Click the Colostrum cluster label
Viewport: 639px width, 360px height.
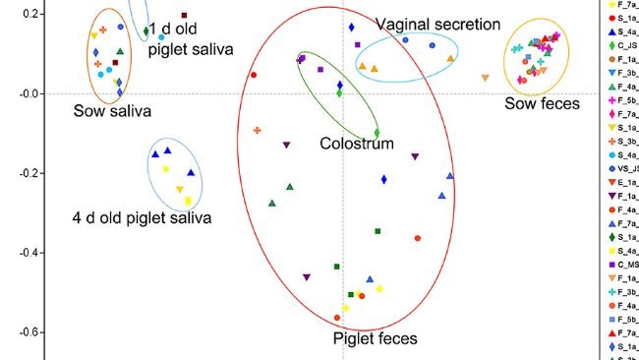pyautogui.click(x=356, y=144)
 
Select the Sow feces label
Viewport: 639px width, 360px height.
pyautogui.click(x=542, y=103)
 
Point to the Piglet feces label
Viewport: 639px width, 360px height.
pyautogui.click(x=374, y=339)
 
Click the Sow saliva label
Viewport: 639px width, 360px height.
pyautogui.click(x=112, y=110)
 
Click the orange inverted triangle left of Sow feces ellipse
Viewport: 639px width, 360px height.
pyautogui.click(x=485, y=78)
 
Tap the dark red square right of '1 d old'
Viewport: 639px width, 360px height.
pyautogui.click(x=183, y=15)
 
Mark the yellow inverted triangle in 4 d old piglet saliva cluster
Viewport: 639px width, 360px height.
pyautogui.click(x=180, y=189)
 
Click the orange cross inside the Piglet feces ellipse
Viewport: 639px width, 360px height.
pyautogui.click(x=258, y=130)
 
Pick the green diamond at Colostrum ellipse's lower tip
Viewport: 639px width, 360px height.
pyautogui.click(x=377, y=133)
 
